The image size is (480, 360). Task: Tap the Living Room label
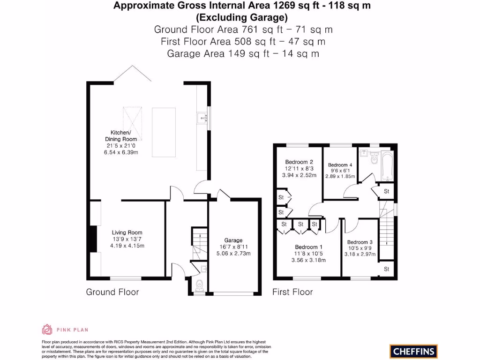point(127,232)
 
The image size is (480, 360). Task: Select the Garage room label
point(233,240)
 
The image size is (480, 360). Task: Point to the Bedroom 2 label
point(299,162)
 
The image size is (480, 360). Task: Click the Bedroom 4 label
point(340,165)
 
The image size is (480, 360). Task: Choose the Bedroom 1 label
point(308,247)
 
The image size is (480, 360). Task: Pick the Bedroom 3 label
point(360,242)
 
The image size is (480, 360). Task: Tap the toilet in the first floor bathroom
point(373,159)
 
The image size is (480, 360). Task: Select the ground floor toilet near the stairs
point(199,285)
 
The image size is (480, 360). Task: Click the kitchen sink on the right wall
point(202,117)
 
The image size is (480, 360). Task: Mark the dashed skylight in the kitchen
point(133,121)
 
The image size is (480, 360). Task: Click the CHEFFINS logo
point(413,351)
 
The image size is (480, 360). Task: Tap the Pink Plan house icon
point(47,330)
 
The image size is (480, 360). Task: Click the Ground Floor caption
point(112,292)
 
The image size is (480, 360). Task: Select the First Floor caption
point(292,292)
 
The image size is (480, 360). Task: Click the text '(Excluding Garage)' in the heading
point(241,18)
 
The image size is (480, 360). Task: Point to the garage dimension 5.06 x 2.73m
point(233,254)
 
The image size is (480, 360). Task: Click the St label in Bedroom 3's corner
point(386,269)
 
